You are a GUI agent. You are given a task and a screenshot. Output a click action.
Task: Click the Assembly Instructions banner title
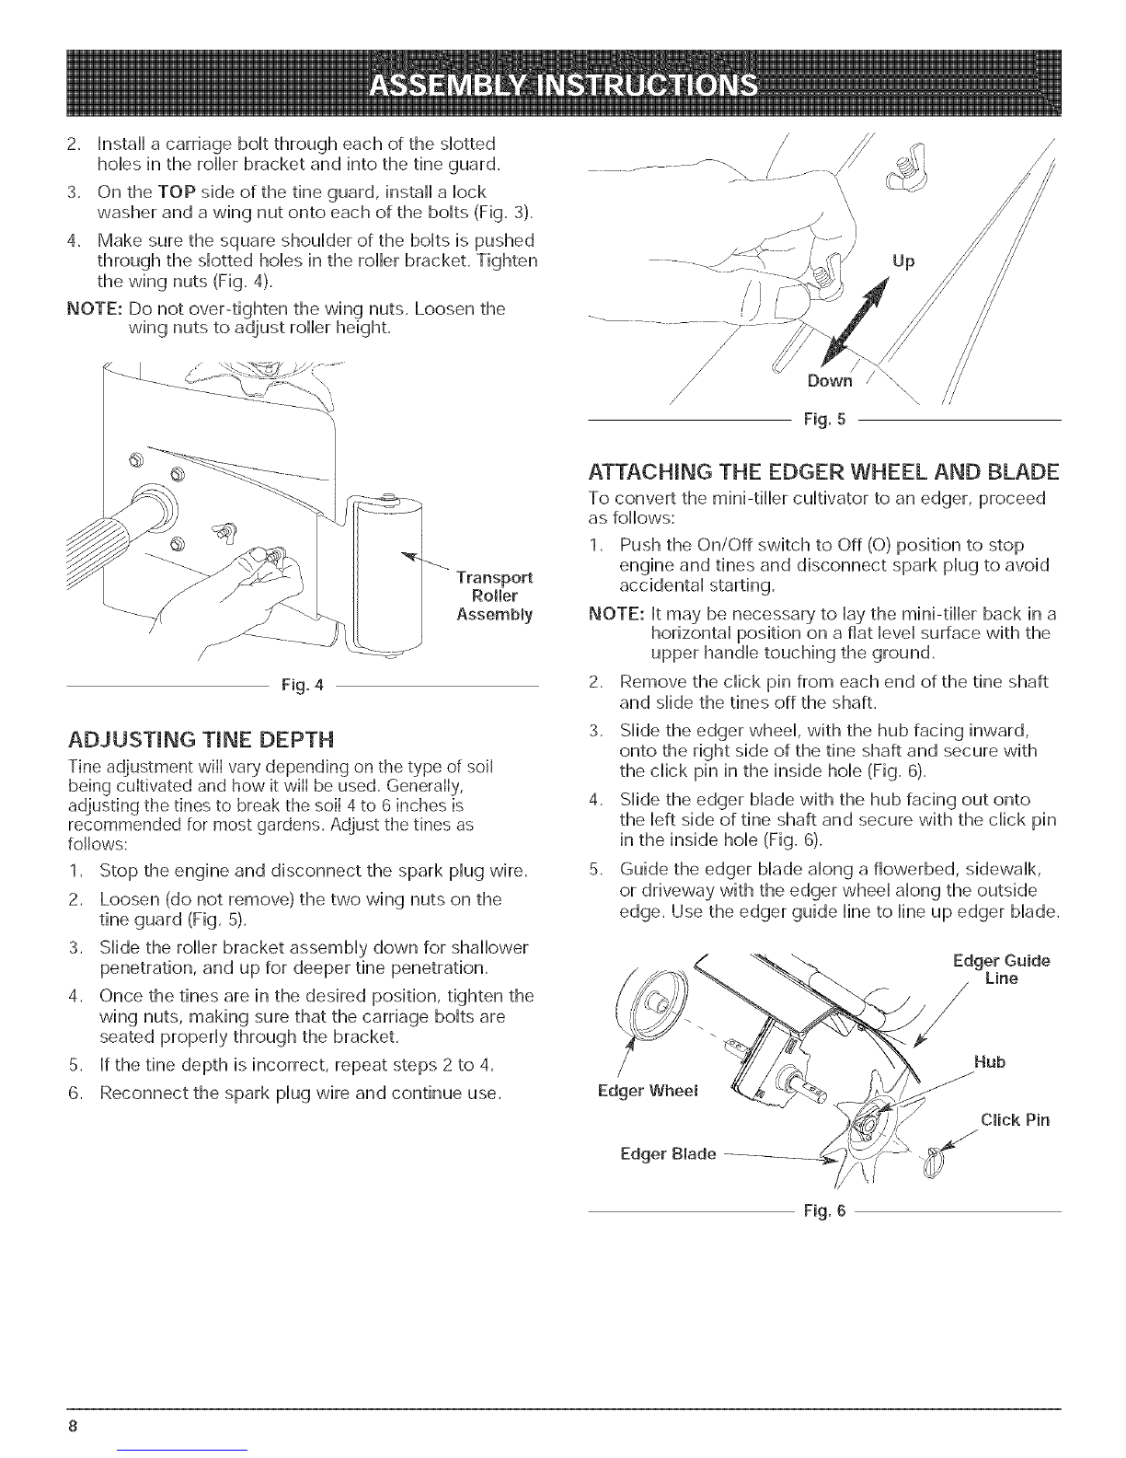[564, 87]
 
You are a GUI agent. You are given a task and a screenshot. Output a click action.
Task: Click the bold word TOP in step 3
[177, 192]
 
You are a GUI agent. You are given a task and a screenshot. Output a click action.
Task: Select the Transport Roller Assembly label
[494, 596]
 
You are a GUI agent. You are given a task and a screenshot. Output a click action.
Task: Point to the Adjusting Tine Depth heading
[201, 739]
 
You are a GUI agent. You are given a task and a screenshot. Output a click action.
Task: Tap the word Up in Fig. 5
[902, 261]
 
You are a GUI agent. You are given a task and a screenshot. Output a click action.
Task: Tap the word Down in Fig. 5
[830, 380]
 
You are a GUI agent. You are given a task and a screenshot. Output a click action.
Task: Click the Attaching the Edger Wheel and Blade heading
[823, 471]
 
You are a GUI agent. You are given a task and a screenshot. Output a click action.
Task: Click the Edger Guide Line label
[1001, 969]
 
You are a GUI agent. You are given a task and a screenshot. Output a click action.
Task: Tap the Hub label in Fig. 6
[989, 1062]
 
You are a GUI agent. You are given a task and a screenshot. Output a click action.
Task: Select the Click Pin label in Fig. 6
[1015, 1120]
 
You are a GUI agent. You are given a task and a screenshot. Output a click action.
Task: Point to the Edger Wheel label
[648, 1091]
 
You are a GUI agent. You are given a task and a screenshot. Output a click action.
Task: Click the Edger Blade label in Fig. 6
[668, 1154]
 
